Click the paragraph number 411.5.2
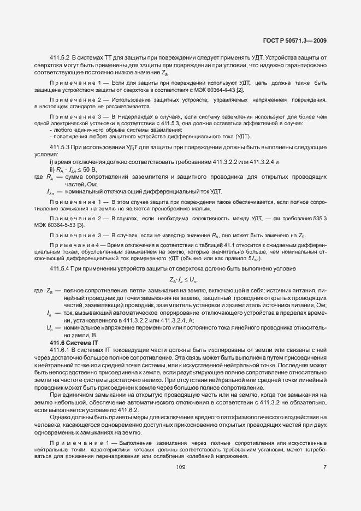coord(60,57)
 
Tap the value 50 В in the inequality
coord(90,171)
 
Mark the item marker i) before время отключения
coord(51,162)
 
